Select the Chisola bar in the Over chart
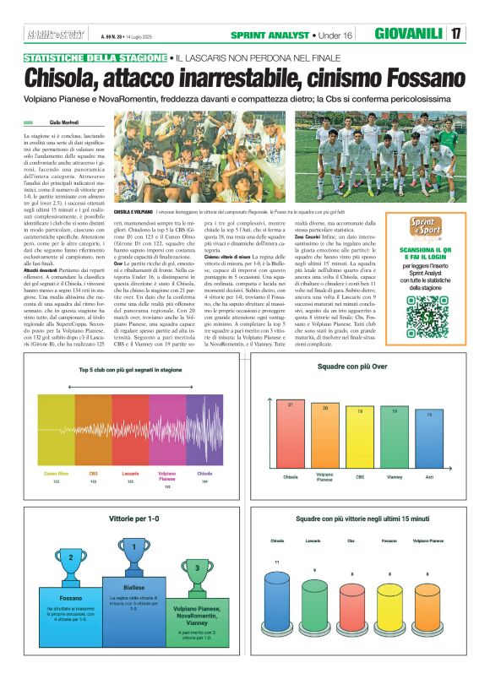click(x=291, y=433)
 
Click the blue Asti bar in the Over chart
click(x=429, y=439)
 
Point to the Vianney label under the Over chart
click(x=395, y=476)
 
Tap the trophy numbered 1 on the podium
click(x=134, y=550)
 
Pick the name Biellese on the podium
click(x=134, y=585)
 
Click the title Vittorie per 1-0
click(x=133, y=514)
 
